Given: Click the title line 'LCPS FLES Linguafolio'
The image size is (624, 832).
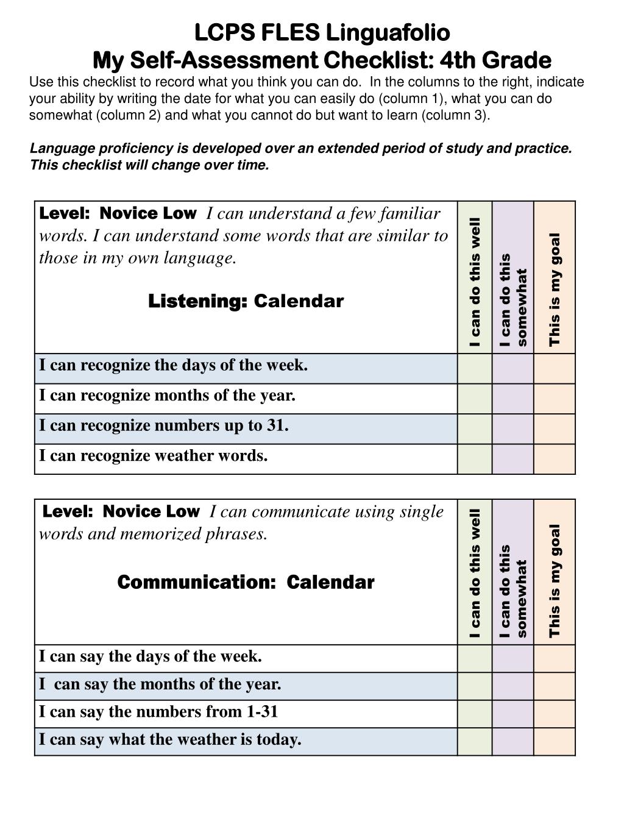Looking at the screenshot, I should tap(322, 32).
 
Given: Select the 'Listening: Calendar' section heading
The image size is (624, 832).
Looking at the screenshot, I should tap(246, 301).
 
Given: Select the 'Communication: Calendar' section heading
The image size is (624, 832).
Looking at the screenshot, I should tap(246, 582).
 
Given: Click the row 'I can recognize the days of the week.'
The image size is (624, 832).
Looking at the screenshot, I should tap(174, 365).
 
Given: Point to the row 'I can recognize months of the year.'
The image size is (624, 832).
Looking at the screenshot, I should tap(168, 396).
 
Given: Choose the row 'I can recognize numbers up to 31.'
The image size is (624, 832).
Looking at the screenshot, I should tap(164, 425).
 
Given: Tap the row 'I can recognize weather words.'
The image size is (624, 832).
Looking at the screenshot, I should tap(154, 456).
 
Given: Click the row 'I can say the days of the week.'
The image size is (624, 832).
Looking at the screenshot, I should tap(151, 656).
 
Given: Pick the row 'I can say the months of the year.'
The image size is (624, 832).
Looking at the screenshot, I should tap(160, 684).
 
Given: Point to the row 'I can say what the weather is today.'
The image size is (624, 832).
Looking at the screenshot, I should tap(170, 740).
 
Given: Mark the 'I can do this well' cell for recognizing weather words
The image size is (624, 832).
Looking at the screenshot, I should tap(475, 459).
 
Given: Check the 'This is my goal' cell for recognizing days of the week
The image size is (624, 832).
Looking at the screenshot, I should tap(555, 369).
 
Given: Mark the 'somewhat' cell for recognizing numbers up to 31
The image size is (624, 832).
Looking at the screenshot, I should tap(513, 428).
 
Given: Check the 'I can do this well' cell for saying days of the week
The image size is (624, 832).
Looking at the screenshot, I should tap(475, 659).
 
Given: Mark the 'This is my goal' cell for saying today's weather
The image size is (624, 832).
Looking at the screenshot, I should tap(555, 742).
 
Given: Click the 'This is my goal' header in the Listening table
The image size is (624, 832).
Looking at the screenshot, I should tap(555, 290).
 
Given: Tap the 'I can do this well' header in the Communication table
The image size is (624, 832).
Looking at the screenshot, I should tap(475, 574).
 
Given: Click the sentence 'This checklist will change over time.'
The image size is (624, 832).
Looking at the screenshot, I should tap(150, 165).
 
